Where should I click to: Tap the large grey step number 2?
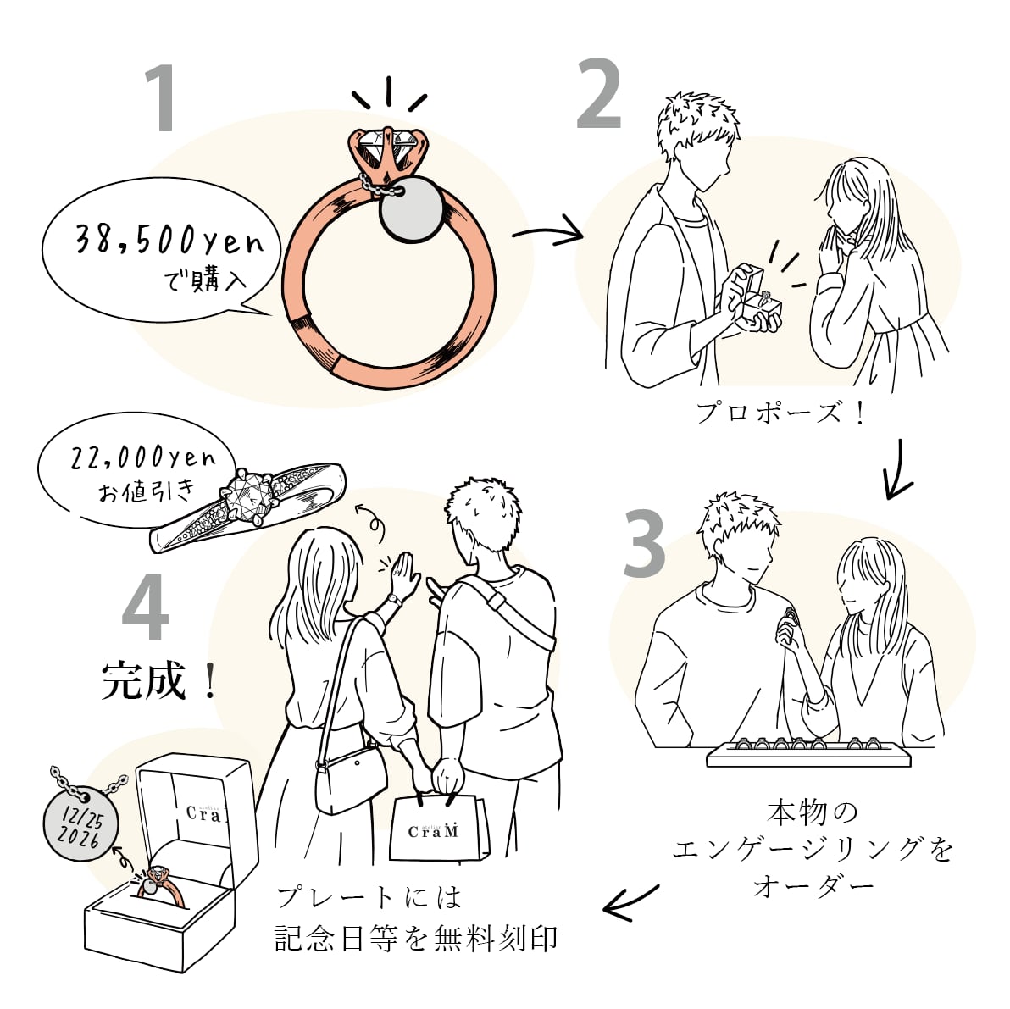point(599,94)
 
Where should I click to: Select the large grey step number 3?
point(644,544)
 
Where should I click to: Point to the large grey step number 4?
point(146,607)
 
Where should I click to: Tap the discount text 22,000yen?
point(143,457)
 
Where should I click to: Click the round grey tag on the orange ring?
point(411,210)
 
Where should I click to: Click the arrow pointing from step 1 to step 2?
point(547,230)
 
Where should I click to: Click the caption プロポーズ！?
point(780,413)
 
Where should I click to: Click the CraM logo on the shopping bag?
point(433,830)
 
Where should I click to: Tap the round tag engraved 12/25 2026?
point(81,826)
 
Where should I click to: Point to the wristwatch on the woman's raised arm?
point(394,599)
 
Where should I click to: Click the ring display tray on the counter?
point(809,753)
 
